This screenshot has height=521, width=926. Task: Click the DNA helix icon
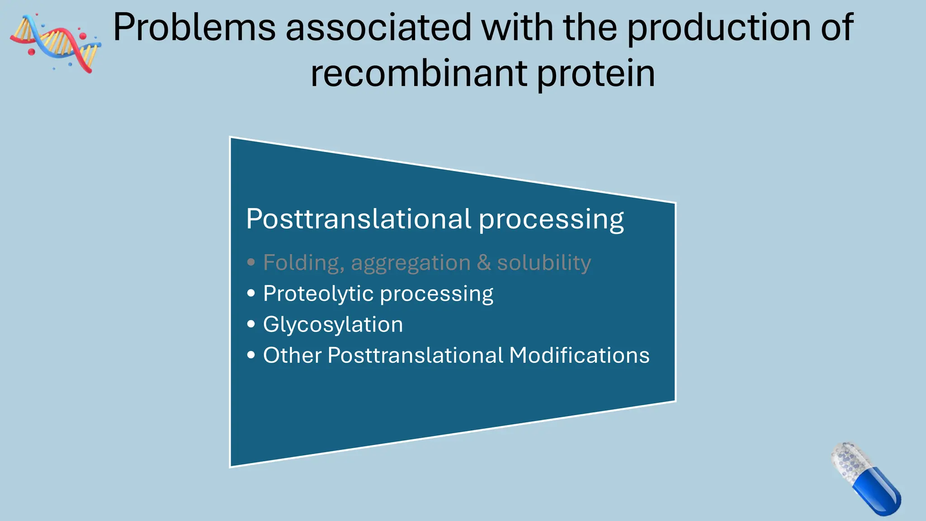[55, 43]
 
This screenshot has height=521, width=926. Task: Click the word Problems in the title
[194, 28]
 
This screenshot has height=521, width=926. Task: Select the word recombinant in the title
[419, 74]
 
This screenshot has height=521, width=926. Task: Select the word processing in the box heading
[551, 219]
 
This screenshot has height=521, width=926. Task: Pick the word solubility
[544, 263]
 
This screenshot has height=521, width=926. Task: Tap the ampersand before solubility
[484, 263]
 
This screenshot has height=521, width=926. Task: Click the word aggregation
[411, 263]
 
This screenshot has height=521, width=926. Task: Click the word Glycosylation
[333, 325]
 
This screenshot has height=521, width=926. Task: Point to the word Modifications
[579, 355]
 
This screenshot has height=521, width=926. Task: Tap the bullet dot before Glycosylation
[251, 324]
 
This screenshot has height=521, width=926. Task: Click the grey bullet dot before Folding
[251, 262]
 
